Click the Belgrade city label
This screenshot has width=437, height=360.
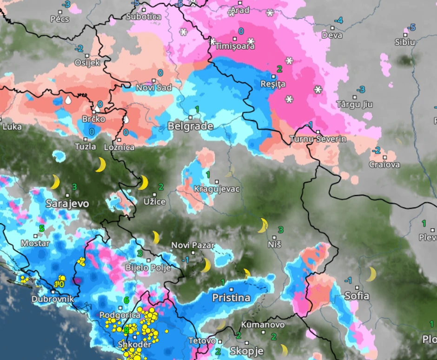click(190, 126)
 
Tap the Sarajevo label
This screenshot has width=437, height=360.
click(67, 204)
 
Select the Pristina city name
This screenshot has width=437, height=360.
click(231, 298)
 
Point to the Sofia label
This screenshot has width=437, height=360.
click(357, 296)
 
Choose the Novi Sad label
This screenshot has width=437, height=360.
click(154, 87)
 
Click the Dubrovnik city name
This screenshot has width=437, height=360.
click(53, 299)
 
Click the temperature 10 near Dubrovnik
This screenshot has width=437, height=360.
click(59, 284)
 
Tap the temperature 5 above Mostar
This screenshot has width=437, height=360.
click(41, 228)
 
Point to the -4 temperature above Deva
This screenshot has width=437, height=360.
click(339, 20)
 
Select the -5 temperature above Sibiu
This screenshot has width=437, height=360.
click(411, 27)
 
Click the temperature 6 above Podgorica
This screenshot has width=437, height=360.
click(126, 300)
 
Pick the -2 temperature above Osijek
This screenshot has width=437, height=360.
click(79, 49)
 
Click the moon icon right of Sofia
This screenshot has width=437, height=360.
click(371, 274)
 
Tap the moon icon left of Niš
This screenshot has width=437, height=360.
click(263, 225)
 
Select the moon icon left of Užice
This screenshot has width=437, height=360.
click(143, 182)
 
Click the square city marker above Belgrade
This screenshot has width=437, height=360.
click(191, 117)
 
